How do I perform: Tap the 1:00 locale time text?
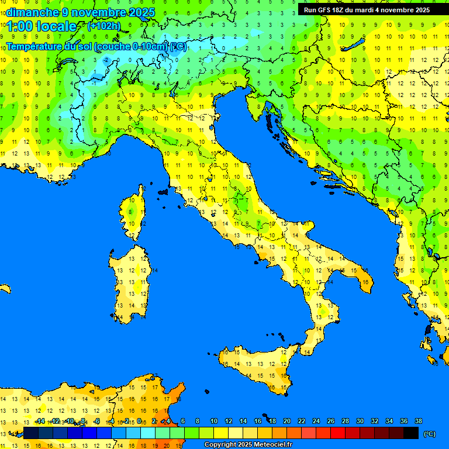(42, 26)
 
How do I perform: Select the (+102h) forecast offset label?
(104, 26)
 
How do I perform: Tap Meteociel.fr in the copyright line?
(268, 445)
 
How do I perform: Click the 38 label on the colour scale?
(418, 422)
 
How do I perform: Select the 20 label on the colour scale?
(287, 422)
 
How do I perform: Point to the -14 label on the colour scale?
(40, 422)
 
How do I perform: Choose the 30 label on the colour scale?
(360, 422)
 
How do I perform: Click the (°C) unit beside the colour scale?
(429, 433)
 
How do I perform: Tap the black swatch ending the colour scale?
(411, 433)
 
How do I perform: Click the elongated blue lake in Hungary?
(354, 46)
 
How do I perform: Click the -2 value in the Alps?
(106, 60)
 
